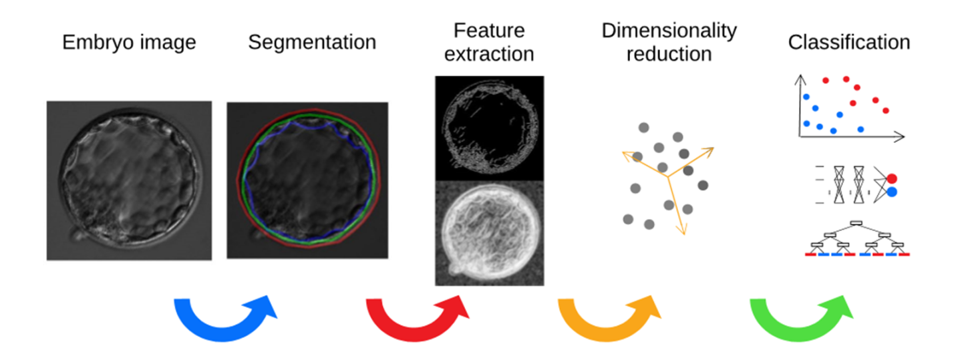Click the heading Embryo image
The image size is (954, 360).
[x=129, y=43]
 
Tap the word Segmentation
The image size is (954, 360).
[x=312, y=43]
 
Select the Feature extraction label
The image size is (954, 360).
[x=489, y=42]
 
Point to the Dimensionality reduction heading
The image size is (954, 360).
[x=669, y=42]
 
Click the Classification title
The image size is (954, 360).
[x=848, y=43]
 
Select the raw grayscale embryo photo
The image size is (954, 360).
[x=129, y=180]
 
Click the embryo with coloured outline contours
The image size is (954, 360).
[x=307, y=180]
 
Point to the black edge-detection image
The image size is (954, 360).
[x=489, y=128]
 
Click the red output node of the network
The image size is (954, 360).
[x=891, y=179]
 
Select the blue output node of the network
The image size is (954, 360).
[x=891, y=192]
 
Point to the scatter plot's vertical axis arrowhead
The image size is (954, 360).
[x=799, y=79]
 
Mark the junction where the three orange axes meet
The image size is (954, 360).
[x=668, y=176]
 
